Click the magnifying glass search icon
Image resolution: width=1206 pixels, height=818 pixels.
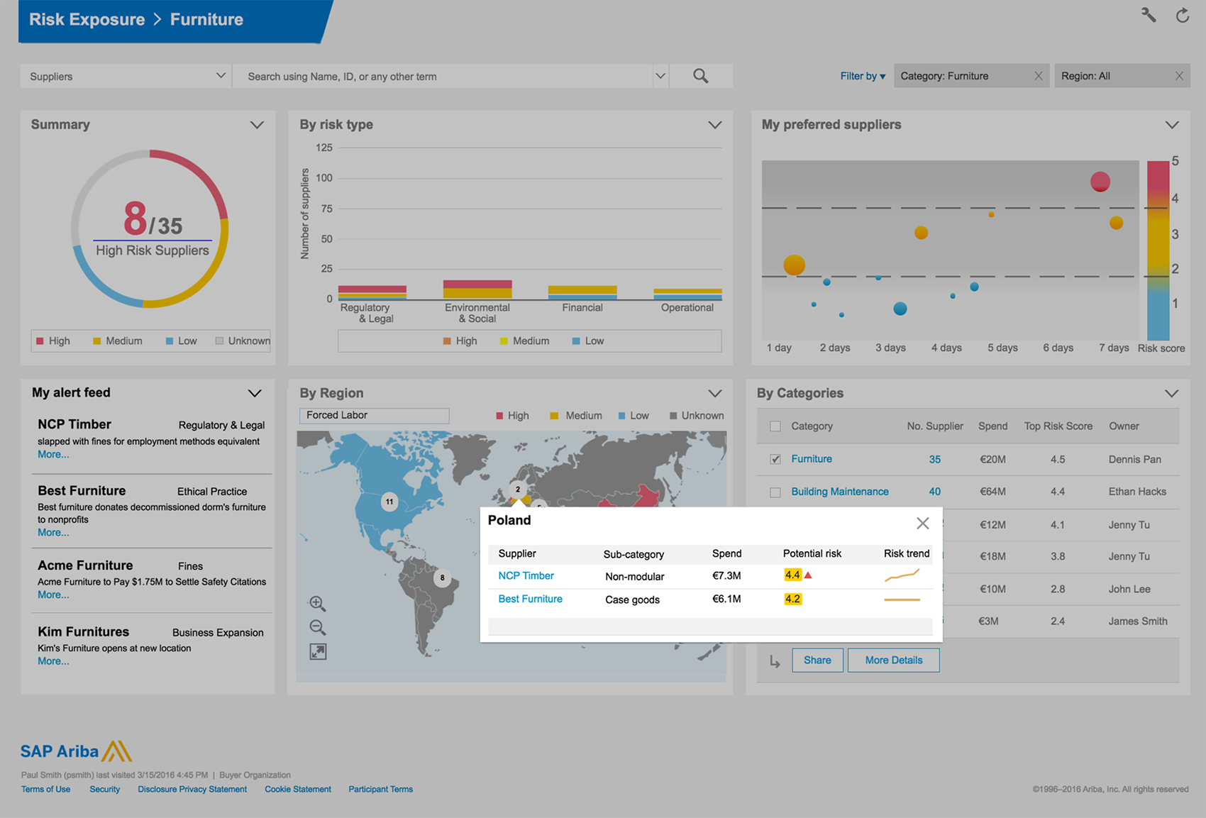[x=700, y=76]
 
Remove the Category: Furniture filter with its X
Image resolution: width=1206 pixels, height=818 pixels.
[x=1038, y=76]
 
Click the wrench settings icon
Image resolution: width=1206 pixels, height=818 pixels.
[x=1149, y=15]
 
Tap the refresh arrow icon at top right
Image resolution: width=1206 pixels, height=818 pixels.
[x=1182, y=15]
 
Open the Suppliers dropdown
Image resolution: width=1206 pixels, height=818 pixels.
[x=221, y=76]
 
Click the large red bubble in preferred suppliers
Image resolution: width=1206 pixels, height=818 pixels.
[x=1100, y=182]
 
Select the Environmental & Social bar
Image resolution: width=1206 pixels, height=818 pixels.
[x=477, y=289]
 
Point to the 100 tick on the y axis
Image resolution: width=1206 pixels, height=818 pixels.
[x=324, y=178]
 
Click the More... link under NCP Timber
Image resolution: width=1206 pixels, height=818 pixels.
[x=53, y=455]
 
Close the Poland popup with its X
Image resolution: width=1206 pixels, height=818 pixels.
[x=922, y=523]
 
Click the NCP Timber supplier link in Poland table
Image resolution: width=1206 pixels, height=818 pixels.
[x=526, y=576]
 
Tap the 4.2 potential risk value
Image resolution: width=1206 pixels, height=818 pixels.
[x=792, y=599]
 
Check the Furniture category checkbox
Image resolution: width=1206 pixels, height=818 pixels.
[x=775, y=459]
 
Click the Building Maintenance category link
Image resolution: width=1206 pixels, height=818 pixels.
[x=839, y=492]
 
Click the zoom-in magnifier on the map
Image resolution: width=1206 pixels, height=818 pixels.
[x=317, y=604]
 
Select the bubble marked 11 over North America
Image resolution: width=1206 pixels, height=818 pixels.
[x=389, y=502]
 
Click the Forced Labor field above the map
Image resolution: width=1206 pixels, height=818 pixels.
[x=374, y=415]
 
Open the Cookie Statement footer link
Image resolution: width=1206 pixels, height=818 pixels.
[x=297, y=789]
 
